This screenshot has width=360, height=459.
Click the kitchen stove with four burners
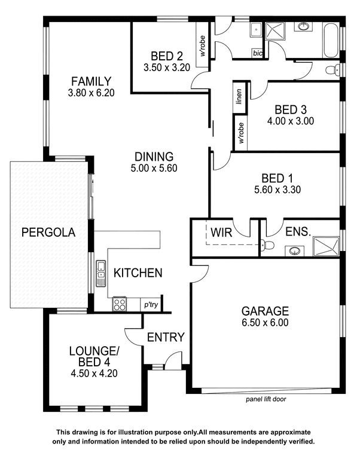pos(120,304)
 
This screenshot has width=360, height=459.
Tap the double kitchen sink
pos(101,273)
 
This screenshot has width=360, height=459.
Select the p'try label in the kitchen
pos(151,305)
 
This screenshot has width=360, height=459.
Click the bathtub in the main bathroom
pos(331,40)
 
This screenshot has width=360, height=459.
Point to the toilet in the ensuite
pos(267,245)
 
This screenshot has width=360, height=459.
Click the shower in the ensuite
pos(327,246)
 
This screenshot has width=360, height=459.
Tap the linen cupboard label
pos(239,97)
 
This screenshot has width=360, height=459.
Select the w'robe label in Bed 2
pos(203,45)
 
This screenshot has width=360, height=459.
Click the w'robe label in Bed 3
pos(241,133)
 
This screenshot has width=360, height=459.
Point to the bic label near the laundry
pos(258,53)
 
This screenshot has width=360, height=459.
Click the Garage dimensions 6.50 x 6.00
pos(265,322)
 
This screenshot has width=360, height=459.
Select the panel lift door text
pos(266,399)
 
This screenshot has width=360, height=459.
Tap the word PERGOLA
pos(48,232)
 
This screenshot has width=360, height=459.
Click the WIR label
pos(221,232)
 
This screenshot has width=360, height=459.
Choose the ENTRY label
pos(166,337)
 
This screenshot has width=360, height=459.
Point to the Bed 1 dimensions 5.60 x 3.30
pos(277,189)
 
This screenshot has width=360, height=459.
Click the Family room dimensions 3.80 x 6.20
pos(91,93)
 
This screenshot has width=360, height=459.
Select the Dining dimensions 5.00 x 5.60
pos(154,168)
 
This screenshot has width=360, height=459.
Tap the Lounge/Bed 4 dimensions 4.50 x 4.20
pos(94,374)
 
